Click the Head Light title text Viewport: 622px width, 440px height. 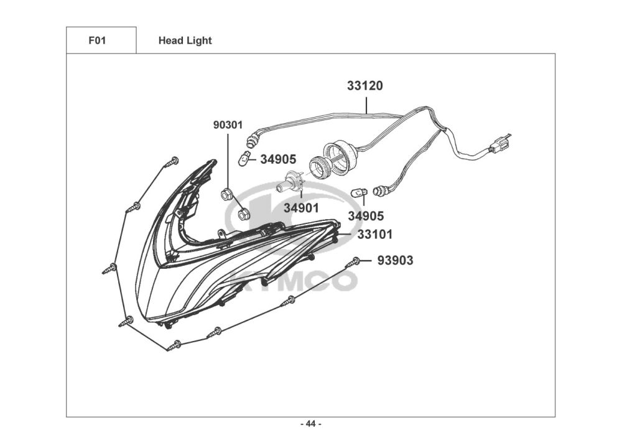click(185, 40)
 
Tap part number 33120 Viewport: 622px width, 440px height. click(364, 86)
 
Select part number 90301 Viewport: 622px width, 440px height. click(228, 124)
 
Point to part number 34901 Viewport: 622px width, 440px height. click(301, 208)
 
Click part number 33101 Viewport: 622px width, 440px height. click(374, 235)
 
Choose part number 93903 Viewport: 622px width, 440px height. click(394, 260)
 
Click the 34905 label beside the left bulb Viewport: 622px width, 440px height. click(277, 159)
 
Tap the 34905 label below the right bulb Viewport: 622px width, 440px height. click(366, 216)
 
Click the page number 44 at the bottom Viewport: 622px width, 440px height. click(311, 424)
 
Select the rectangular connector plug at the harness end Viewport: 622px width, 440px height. click(496, 147)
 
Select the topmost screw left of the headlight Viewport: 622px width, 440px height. click(172, 162)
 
